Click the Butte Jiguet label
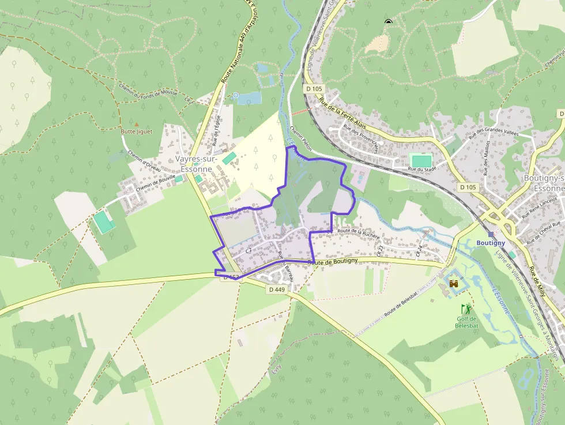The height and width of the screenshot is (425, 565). point(136,131)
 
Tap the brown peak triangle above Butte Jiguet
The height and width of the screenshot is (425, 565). point(137,123)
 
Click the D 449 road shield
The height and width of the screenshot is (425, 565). point(277,289)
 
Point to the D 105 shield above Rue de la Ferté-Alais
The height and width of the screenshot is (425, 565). point(315,89)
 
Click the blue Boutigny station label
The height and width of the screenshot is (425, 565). point(491,243)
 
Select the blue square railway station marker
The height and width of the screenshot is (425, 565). point(491,235)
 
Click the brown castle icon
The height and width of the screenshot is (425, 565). point(454,284)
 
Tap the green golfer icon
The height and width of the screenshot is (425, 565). point(466,310)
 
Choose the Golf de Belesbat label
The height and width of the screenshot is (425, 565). point(466,322)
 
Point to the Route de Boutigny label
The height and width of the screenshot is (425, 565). point(333,261)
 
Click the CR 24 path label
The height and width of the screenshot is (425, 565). point(419,250)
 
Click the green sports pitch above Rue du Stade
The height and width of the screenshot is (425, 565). point(421,159)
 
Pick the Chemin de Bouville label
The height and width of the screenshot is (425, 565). point(155,185)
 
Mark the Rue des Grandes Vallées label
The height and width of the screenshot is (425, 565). point(494,133)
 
